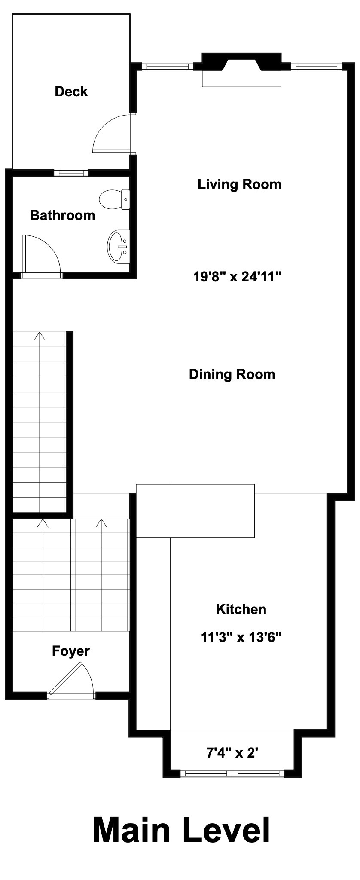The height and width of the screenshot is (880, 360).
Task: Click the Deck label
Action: point(71,92)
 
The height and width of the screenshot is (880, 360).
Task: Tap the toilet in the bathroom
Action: point(114,199)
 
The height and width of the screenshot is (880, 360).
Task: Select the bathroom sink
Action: point(117,246)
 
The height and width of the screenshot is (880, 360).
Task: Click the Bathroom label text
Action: point(62,215)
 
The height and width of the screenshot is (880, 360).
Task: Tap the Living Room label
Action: point(239,184)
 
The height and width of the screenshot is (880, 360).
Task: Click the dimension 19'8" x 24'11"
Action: point(237,276)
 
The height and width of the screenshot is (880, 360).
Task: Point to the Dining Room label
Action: point(232,374)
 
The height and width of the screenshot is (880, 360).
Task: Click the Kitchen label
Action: point(241,609)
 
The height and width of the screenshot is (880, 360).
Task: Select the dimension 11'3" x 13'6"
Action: point(241,637)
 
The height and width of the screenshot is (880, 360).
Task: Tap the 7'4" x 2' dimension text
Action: point(232,752)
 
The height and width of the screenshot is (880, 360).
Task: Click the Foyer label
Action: point(71,651)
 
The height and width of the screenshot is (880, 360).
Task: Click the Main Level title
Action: point(181,830)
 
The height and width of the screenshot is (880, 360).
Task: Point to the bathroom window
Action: point(71,173)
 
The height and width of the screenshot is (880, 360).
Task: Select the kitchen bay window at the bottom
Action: point(232,773)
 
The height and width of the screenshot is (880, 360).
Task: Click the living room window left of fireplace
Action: point(168,67)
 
